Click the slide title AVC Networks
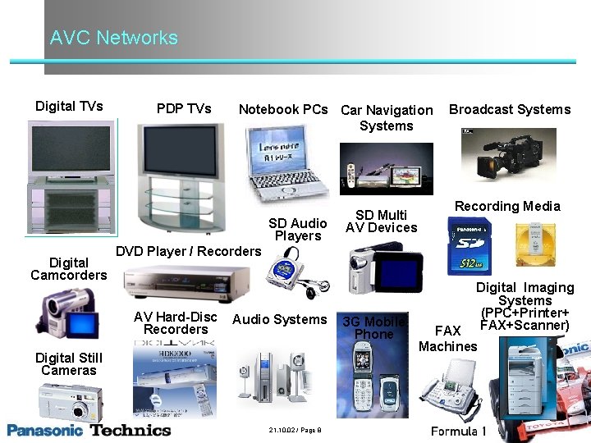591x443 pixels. pos(113,38)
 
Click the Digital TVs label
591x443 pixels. pos(69,107)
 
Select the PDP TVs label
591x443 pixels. pos(184,108)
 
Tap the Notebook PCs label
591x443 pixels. pos(283,109)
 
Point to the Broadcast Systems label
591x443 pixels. pos(510,109)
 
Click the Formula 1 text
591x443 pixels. pos(459,431)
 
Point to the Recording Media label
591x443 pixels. pos(507,207)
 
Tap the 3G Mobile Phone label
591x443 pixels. pos(373,328)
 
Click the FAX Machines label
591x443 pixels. pos(447,339)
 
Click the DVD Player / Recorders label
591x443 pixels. pos(189,251)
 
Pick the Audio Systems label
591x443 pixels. pos(280,319)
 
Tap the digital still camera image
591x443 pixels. pos(71,402)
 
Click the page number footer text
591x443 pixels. pos(294,431)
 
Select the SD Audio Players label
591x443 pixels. pos(298,230)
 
